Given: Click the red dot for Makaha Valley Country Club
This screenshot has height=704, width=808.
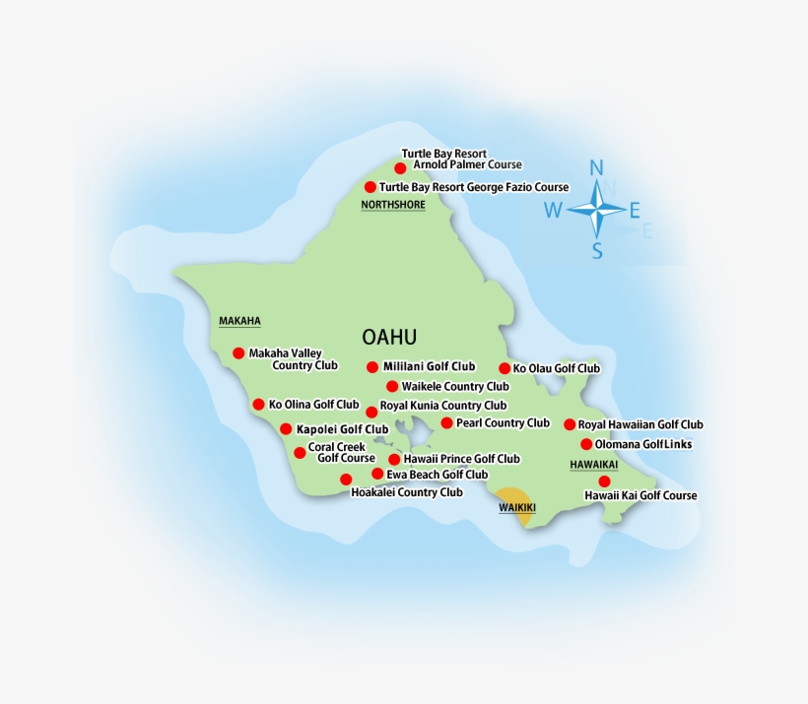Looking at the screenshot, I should coord(238,352).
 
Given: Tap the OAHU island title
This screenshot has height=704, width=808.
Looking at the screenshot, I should coord(389,337).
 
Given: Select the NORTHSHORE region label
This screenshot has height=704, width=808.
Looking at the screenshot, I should coord(393,205).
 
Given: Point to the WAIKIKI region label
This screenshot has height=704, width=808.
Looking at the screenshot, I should coord(516,507).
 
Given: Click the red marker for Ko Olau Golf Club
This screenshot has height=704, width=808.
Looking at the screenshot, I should coord(505,368).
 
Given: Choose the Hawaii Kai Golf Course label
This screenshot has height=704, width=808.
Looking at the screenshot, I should coord(640,495).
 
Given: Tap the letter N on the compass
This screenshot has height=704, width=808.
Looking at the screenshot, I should coord(596,168).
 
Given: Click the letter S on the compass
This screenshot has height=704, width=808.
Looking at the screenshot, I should coord(597,250).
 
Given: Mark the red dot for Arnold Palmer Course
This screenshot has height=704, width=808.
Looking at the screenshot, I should coord(400,168).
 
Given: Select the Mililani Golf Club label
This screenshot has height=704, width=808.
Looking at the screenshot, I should coord(429,366).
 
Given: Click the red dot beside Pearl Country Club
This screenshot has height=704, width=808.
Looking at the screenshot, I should coord(446,422).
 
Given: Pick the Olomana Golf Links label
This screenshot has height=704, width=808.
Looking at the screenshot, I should coord(642,444).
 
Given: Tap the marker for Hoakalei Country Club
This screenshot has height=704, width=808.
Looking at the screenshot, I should coord(346,480).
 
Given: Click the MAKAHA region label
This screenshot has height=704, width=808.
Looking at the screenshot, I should coord(239,321).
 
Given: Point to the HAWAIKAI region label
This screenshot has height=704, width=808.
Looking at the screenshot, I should coord(594,464).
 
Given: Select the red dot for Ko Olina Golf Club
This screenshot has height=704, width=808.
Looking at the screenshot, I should coord(258,404).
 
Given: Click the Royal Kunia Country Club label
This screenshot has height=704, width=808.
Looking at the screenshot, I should coord(442,405).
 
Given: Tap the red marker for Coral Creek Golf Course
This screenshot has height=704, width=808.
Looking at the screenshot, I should coord(300,453).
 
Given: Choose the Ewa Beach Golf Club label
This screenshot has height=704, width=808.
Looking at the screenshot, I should coord(437,474).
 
